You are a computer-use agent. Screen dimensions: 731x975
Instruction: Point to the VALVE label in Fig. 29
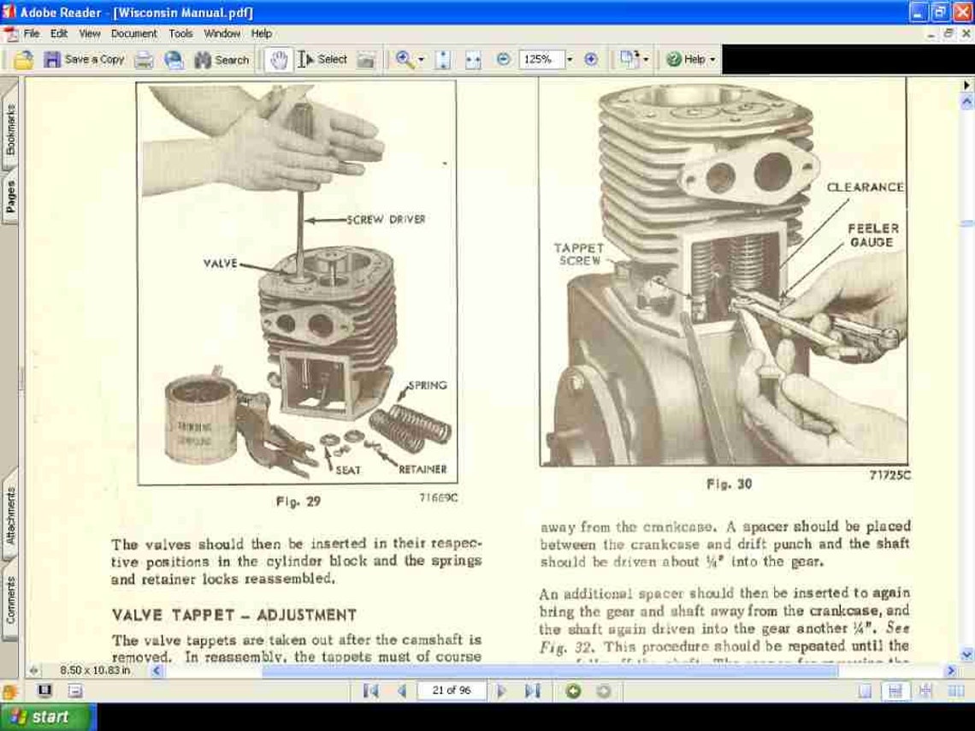click(219, 264)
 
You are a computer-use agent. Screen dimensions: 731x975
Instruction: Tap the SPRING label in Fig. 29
click(427, 385)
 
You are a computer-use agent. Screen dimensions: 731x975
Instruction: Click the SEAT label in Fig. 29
click(347, 470)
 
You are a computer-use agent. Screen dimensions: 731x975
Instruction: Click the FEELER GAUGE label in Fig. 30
click(872, 235)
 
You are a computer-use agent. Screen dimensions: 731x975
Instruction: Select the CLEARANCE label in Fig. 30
click(865, 187)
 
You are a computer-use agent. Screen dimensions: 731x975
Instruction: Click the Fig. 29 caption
click(298, 502)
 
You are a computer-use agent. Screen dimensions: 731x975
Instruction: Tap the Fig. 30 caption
click(729, 484)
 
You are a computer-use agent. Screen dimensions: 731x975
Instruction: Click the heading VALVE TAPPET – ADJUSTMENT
click(233, 615)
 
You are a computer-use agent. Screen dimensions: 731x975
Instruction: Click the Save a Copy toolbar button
click(85, 60)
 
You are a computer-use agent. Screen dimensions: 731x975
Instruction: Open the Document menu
click(133, 33)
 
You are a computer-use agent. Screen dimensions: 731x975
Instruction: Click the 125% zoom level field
click(542, 60)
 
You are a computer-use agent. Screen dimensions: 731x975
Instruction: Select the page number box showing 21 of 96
click(452, 691)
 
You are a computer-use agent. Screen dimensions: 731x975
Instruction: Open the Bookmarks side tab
click(11, 129)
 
